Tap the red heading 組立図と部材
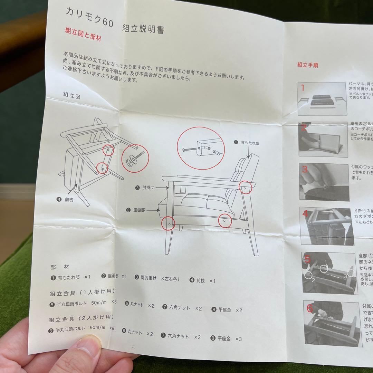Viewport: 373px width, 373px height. pyautogui.click(x=83, y=35)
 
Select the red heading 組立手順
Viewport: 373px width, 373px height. pyautogui.click(x=307, y=65)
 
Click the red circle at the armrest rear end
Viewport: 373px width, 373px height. pyautogui.click(x=246, y=188)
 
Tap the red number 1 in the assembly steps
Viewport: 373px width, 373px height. pyautogui.click(x=303, y=88)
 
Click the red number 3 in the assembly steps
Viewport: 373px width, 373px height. pyautogui.click(x=305, y=169)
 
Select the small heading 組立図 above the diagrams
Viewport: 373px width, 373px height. pyautogui.click(x=71, y=95)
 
